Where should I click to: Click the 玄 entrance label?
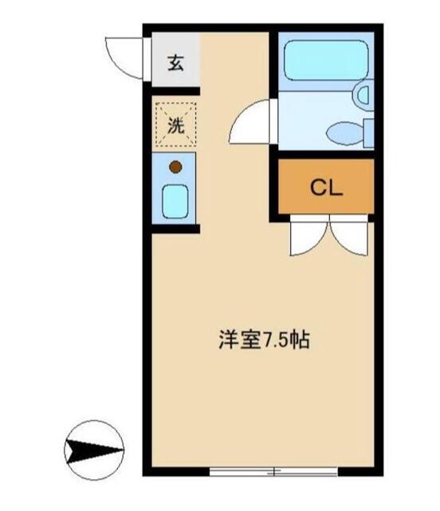(175, 63)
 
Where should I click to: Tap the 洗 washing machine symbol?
(175, 125)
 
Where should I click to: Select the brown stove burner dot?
(175, 167)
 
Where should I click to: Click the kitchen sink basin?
(175, 201)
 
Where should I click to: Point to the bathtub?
(326, 61)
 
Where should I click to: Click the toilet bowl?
(345, 133)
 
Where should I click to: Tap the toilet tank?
(368, 133)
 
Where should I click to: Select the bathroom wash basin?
(363, 95)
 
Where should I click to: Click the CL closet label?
(326, 188)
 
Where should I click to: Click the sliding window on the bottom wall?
(273, 471)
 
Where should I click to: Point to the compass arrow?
(94, 451)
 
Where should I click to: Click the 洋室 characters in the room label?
(239, 340)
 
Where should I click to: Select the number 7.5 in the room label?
(275, 341)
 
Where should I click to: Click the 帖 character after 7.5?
(300, 340)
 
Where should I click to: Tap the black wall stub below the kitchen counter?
(175, 229)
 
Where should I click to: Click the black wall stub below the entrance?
(175, 91)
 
